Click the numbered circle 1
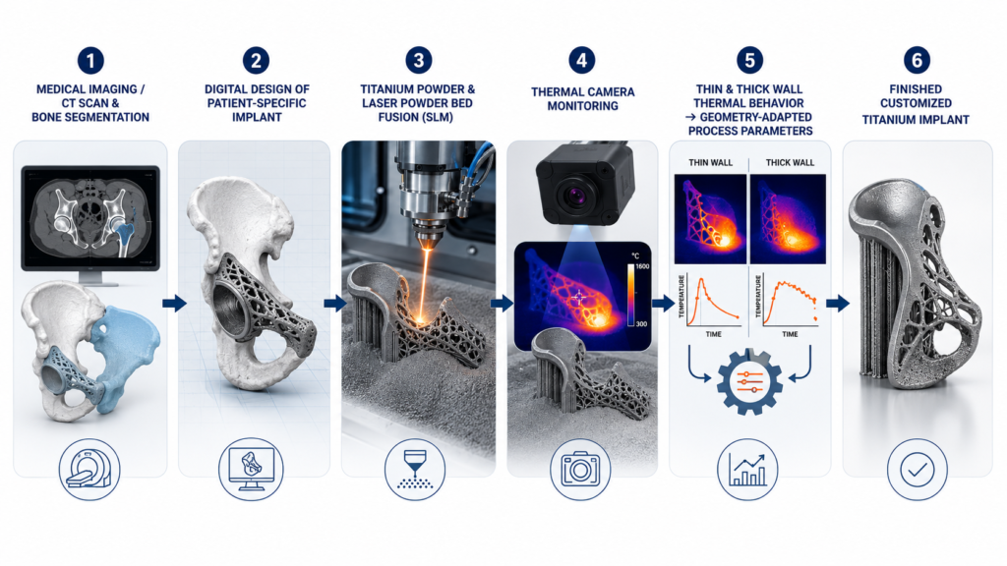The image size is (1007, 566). (90, 61)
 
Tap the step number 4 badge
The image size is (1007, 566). (582, 60)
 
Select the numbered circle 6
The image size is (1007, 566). (917, 60)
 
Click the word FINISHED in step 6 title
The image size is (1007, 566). (916, 89)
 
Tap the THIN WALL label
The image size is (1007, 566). (710, 162)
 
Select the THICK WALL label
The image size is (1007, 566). (790, 162)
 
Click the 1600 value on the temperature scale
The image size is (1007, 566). (641, 266)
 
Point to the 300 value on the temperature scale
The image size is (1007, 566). (641, 324)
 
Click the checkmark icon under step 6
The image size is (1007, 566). (918, 469)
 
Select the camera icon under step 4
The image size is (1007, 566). (580, 469)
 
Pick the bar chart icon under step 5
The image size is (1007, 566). (747, 469)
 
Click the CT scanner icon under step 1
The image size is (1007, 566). (89, 469)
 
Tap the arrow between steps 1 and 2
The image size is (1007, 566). (174, 303)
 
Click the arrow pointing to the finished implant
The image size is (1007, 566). (838, 303)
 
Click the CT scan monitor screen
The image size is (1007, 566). (90, 218)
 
